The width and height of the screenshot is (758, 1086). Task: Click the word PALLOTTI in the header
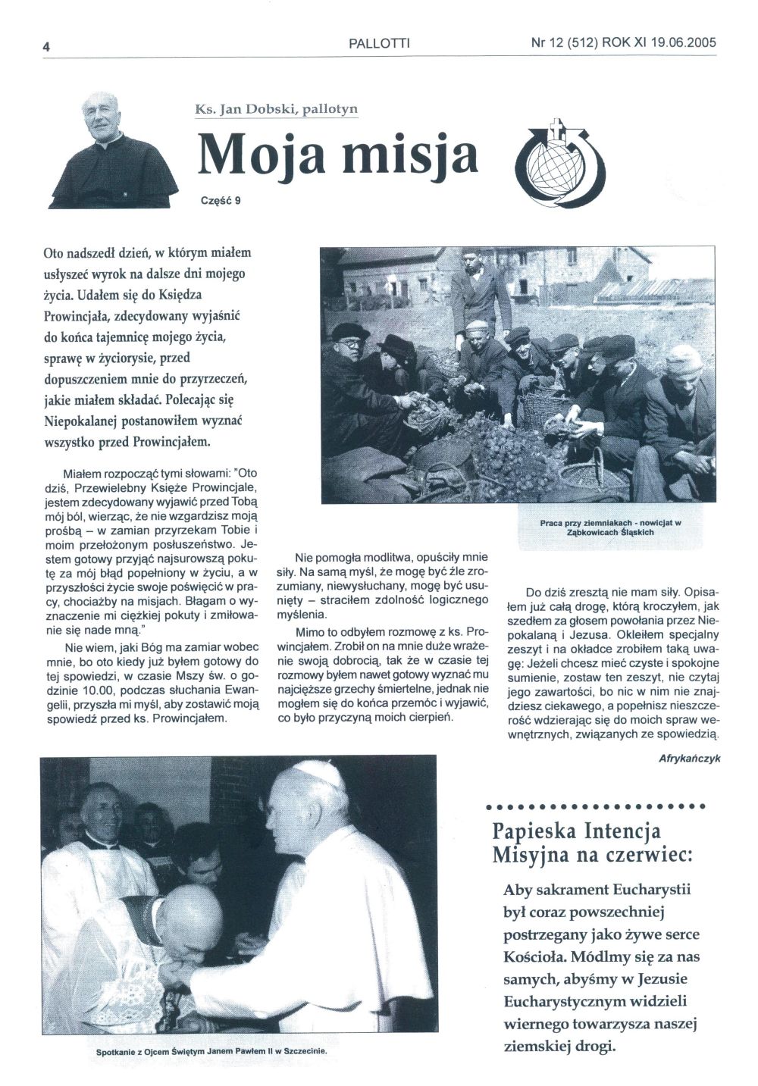tap(379, 44)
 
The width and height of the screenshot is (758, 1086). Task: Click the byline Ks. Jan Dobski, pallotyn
tap(276, 109)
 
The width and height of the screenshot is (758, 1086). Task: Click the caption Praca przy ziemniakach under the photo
tap(610, 527)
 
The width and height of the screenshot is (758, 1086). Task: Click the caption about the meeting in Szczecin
tap(216, 1052)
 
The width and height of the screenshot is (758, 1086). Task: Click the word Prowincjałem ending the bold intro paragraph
tap(161, 440)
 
